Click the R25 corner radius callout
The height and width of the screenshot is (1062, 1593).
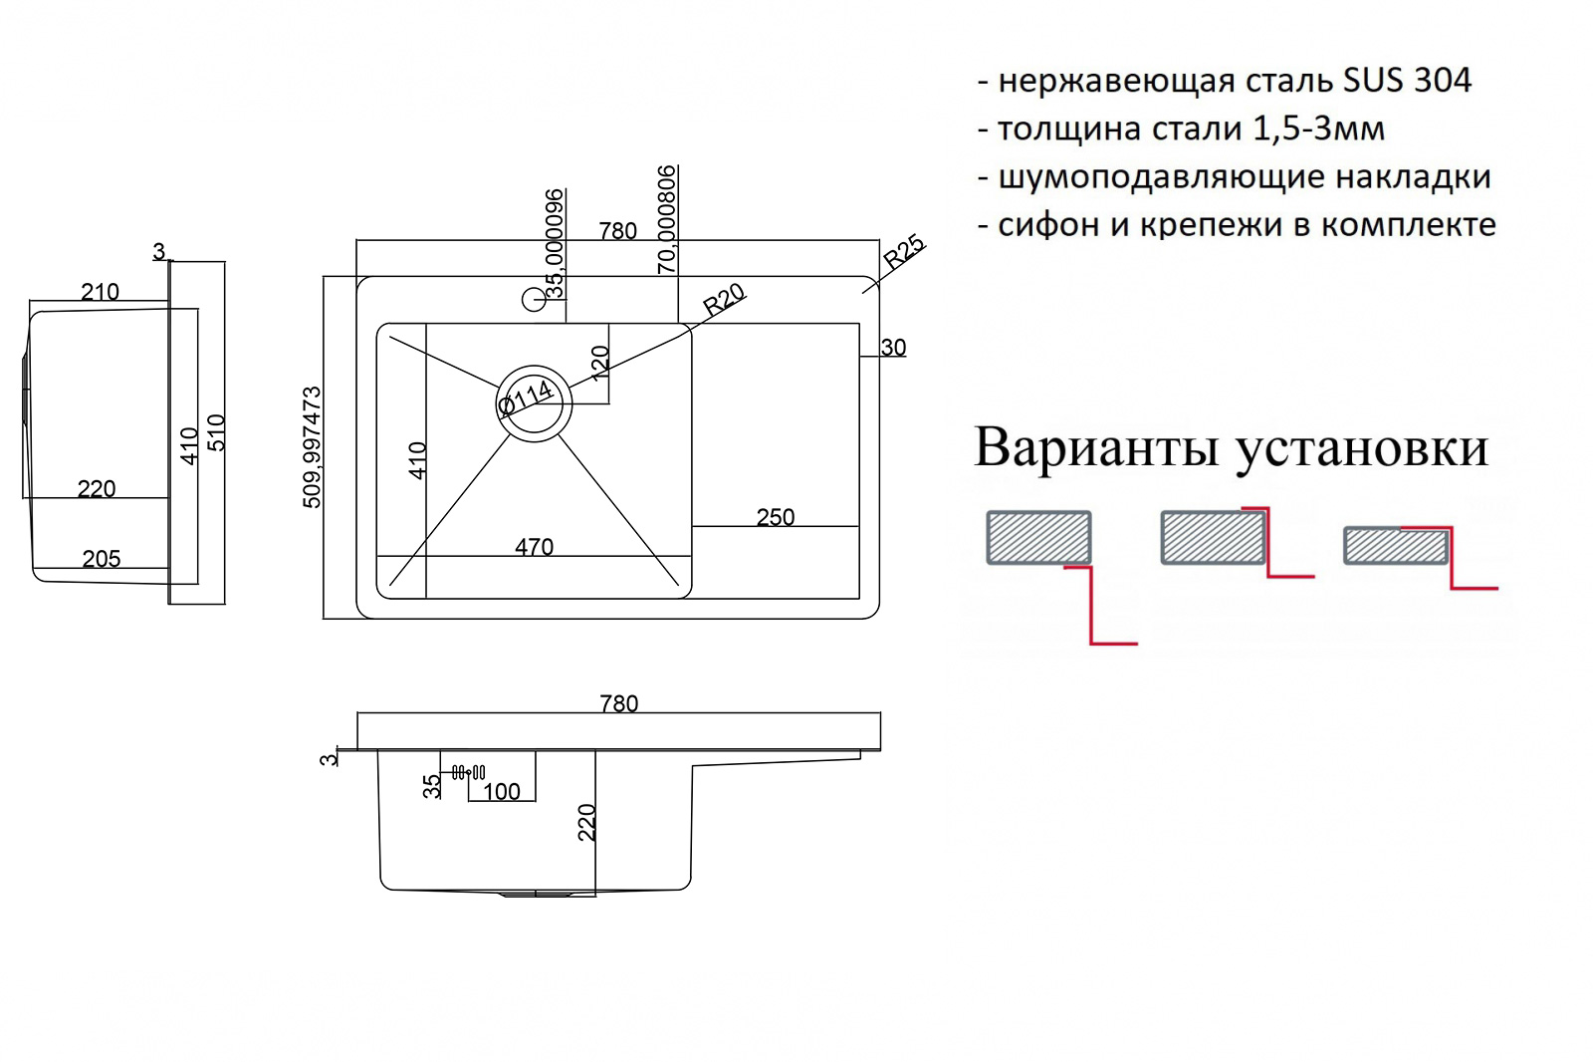pyautogui.click(x=904, y=252)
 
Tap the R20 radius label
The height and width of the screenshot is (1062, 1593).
pyautogui.click(x=724, y=300)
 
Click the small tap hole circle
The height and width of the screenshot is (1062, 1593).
pyautogui.click(x=534, y=300)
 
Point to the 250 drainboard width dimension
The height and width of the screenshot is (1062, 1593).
pyautogui.click(x=776, y=517)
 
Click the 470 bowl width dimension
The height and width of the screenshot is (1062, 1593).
pyautogui.click(x=534, y=547)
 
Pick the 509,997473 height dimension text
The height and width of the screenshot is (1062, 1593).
pyautogui.click(x=313, y=447)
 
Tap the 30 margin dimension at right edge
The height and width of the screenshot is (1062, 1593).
pyautogui.click(x=893, y=348)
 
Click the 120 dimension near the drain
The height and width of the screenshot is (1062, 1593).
pyautogui.click(x=600, y=363)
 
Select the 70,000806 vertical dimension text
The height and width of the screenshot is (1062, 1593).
pyautogui.click(x=666, y=219)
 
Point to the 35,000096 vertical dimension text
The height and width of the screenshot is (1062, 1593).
pyautogui.click(x=554, y=243)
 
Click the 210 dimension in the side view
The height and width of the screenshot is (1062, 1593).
pyautogui.click(x=100, y=292)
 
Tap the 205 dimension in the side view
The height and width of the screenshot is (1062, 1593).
pyautogui.click(x=101, y=559)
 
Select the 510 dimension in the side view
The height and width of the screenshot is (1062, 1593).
pyautogui.click(x=215, y=432)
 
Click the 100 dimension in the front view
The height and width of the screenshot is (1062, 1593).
pyautogui.click(x=502, y=791)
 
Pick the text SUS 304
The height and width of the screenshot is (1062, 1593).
pyautogui.click(x=1407, y=80)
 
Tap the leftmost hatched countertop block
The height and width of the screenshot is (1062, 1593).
pyautogui.click(x=1039, y=537)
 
